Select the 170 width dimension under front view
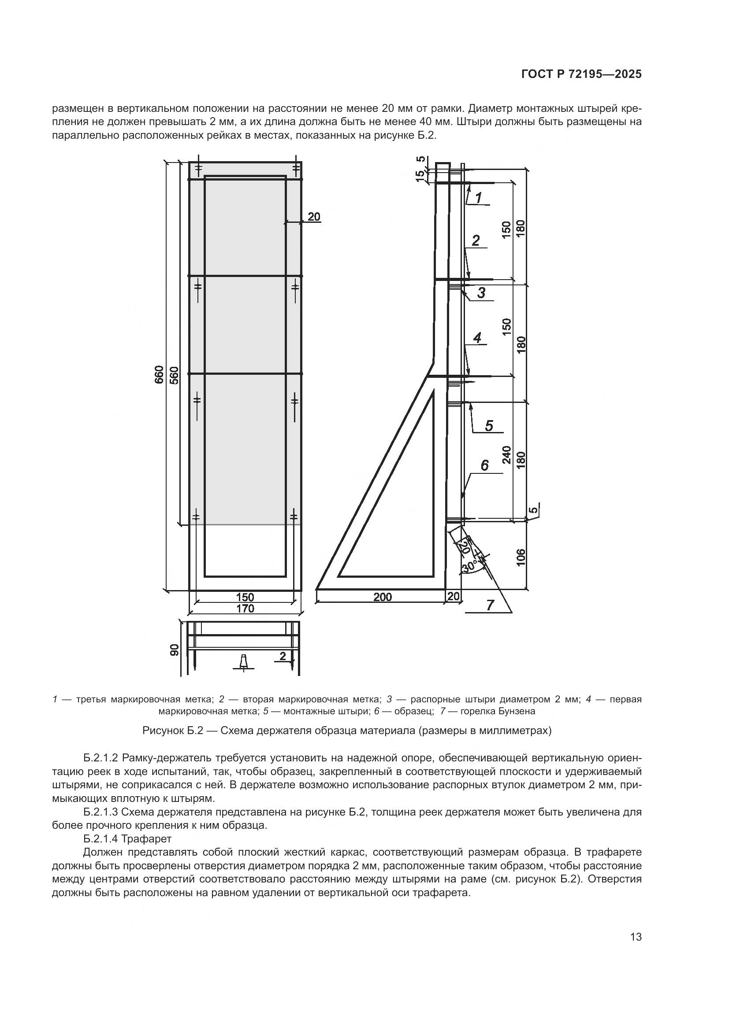point(245,609)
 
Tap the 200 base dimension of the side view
point(383,597)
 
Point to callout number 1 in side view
point(479,198)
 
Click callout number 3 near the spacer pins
point(481,293)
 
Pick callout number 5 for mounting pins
point(489,425)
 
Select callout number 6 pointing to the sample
point(485,465)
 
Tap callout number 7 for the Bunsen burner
point(490,605)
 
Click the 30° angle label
point(469,567)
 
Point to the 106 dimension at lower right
point(521,557)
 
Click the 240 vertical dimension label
point(507,454)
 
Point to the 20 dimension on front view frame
point(314,217)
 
